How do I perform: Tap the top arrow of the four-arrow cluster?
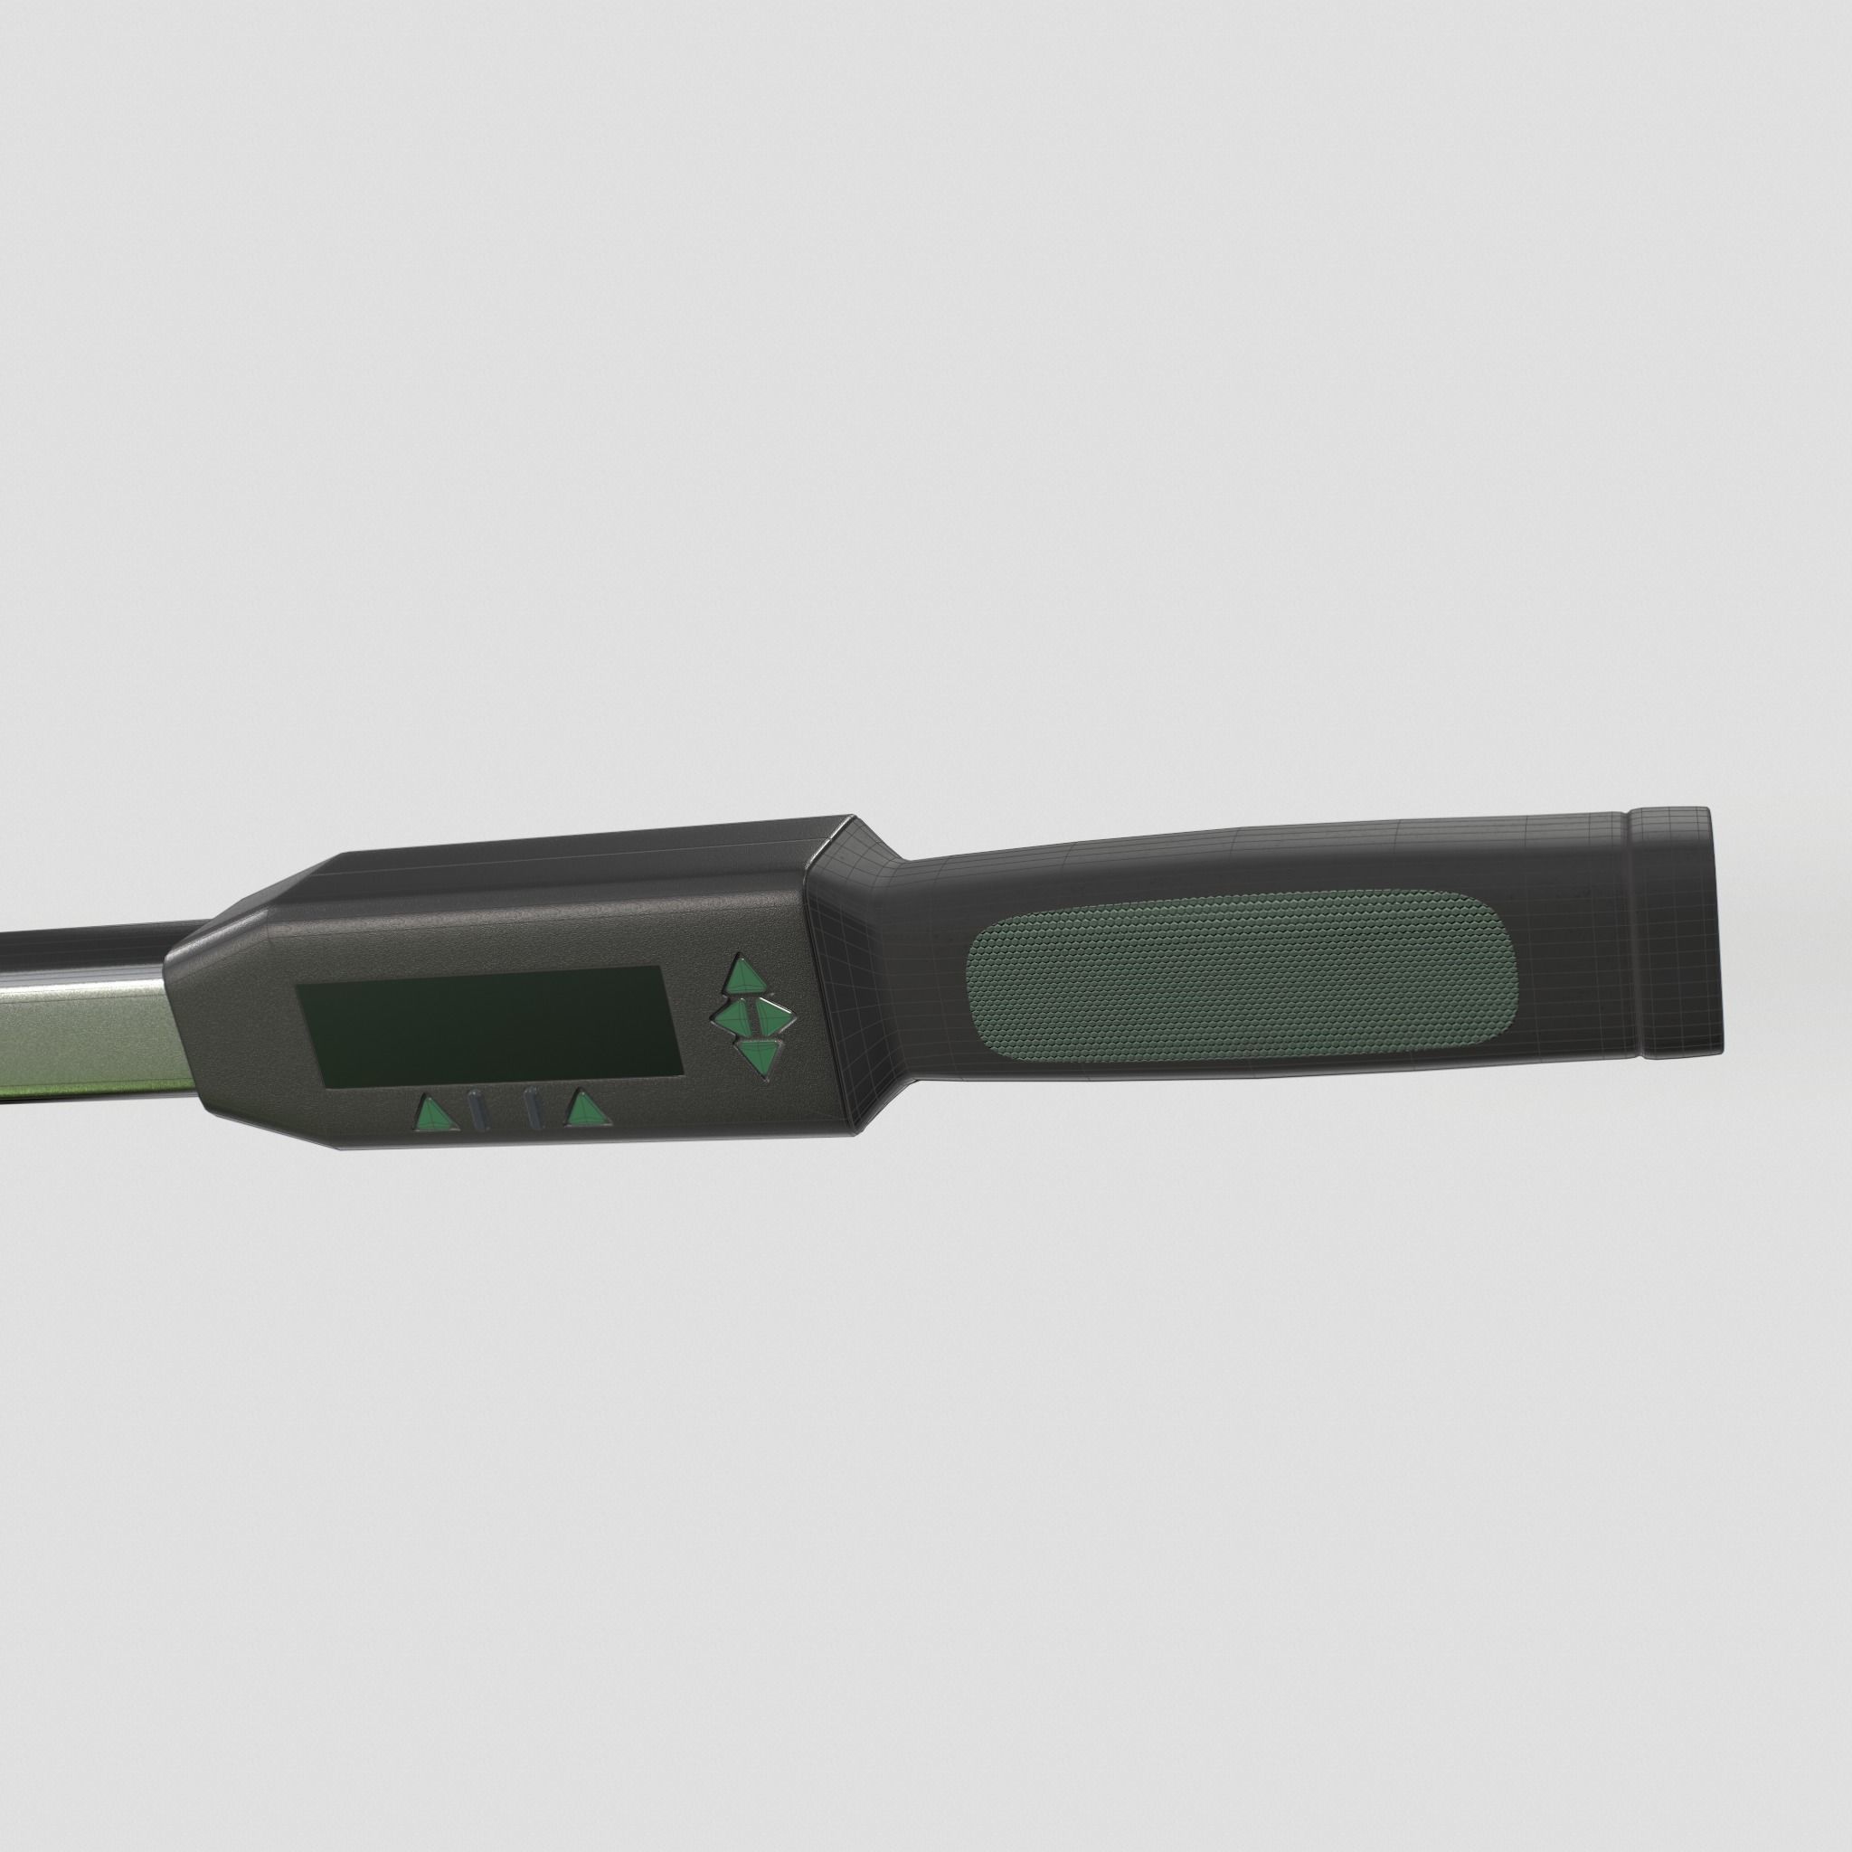coord(745,975)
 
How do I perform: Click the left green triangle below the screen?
coord(433,1113)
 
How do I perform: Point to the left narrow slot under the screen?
coord(479,1112)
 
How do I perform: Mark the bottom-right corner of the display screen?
coord(682,1071)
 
